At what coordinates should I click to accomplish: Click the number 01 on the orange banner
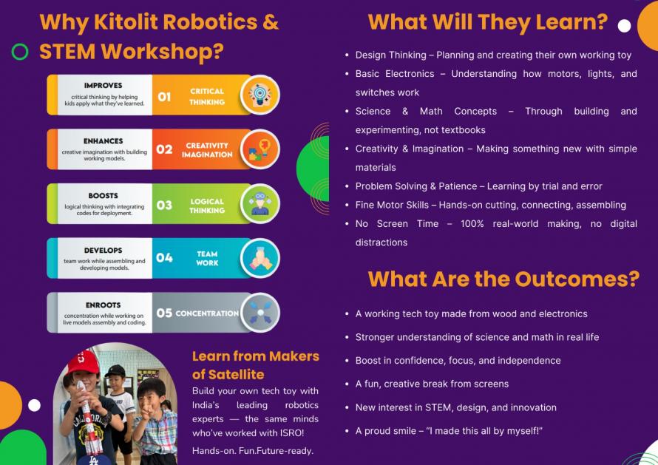[x=164, y=97]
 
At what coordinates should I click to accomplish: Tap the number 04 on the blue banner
[x=164, y=258]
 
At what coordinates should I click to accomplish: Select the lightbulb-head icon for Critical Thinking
[x=260, y=95]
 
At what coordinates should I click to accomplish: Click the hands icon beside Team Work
[x=260, y=259]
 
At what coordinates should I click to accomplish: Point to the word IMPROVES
[x=104, y=86]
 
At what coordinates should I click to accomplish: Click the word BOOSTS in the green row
[x=104, y=196]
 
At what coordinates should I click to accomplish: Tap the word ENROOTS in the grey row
[x=104, y=305]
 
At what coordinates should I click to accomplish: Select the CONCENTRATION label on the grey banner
[x=207, y=313]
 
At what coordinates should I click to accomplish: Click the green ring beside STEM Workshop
[x=20, y=52]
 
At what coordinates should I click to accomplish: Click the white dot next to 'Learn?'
[x=625, y=26]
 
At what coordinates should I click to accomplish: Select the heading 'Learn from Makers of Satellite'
[x=256, y=365]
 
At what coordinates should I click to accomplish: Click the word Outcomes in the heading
[x=577, y=279]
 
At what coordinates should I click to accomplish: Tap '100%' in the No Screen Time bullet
[x=472, y=224]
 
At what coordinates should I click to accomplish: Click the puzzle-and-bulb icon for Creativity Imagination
[x=260, y=149]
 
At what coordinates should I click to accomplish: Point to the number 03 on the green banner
[x=164, y=206]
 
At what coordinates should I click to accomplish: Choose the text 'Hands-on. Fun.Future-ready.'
[x=253, y=451]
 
